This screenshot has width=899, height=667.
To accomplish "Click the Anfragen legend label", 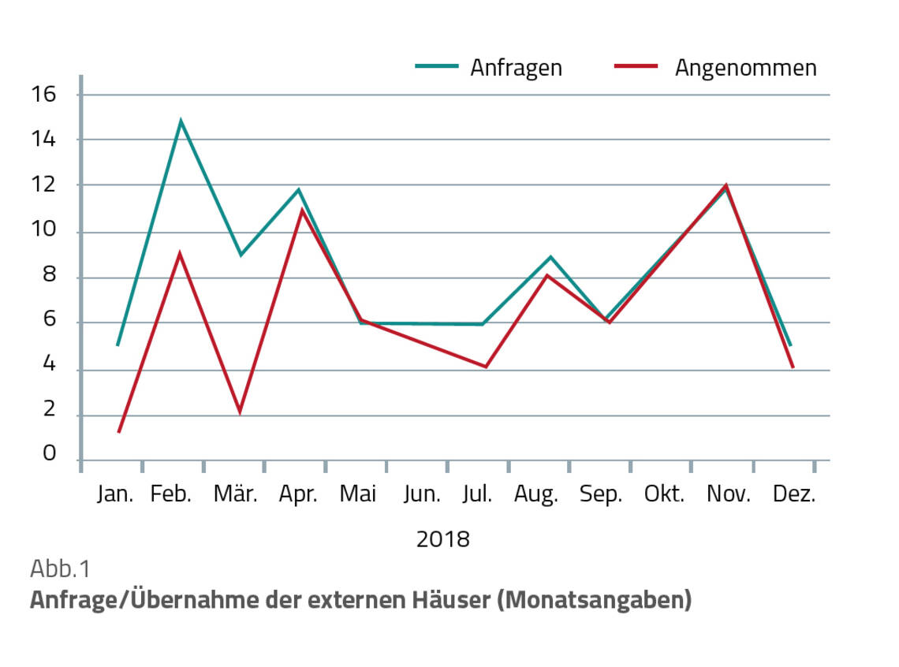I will click(x=516, y=68).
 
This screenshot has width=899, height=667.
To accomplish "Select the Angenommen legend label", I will click(x=745, y=68).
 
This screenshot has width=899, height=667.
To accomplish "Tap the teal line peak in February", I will click(x=181, y=121).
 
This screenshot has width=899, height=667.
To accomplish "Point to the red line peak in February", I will click(x=181, y=253).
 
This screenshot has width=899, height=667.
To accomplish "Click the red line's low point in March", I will click(x=240, y=412).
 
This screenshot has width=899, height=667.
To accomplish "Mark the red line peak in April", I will click(x=301, y=210).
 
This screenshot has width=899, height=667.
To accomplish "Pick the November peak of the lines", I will click(x=726, y=186).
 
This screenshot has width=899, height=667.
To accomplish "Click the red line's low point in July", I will click(x=486, y=367).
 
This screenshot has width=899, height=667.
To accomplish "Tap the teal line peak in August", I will click(x=550, y=257).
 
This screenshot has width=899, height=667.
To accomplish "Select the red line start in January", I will click(x=119, y=432).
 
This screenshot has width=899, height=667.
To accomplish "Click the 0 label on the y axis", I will click(x=49, y=454).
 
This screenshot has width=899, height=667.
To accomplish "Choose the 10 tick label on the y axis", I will click(x=46, y=233).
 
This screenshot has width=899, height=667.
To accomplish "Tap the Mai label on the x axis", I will click(x=358, y=494).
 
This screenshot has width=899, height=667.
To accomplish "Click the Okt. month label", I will click(x=664, y=494).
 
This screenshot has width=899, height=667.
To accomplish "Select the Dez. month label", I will click(x=794, y=494).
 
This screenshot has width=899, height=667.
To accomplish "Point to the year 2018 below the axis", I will click(x=442, y=539).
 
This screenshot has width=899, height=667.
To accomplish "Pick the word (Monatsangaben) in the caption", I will click(x=595, y=600).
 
